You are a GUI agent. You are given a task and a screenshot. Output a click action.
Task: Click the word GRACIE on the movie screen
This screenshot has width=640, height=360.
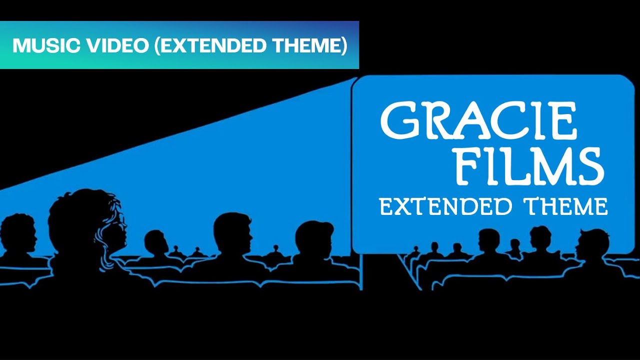(479, 121)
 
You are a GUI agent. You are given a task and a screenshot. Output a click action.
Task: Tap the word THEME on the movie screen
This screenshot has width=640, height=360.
(565, 206)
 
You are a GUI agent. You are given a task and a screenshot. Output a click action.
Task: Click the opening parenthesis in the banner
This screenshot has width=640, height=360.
(156, 45)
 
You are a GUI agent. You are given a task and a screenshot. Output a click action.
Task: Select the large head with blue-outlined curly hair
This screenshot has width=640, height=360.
(87, 225)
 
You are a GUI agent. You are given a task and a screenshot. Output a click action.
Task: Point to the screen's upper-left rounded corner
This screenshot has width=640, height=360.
(358, 83)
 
